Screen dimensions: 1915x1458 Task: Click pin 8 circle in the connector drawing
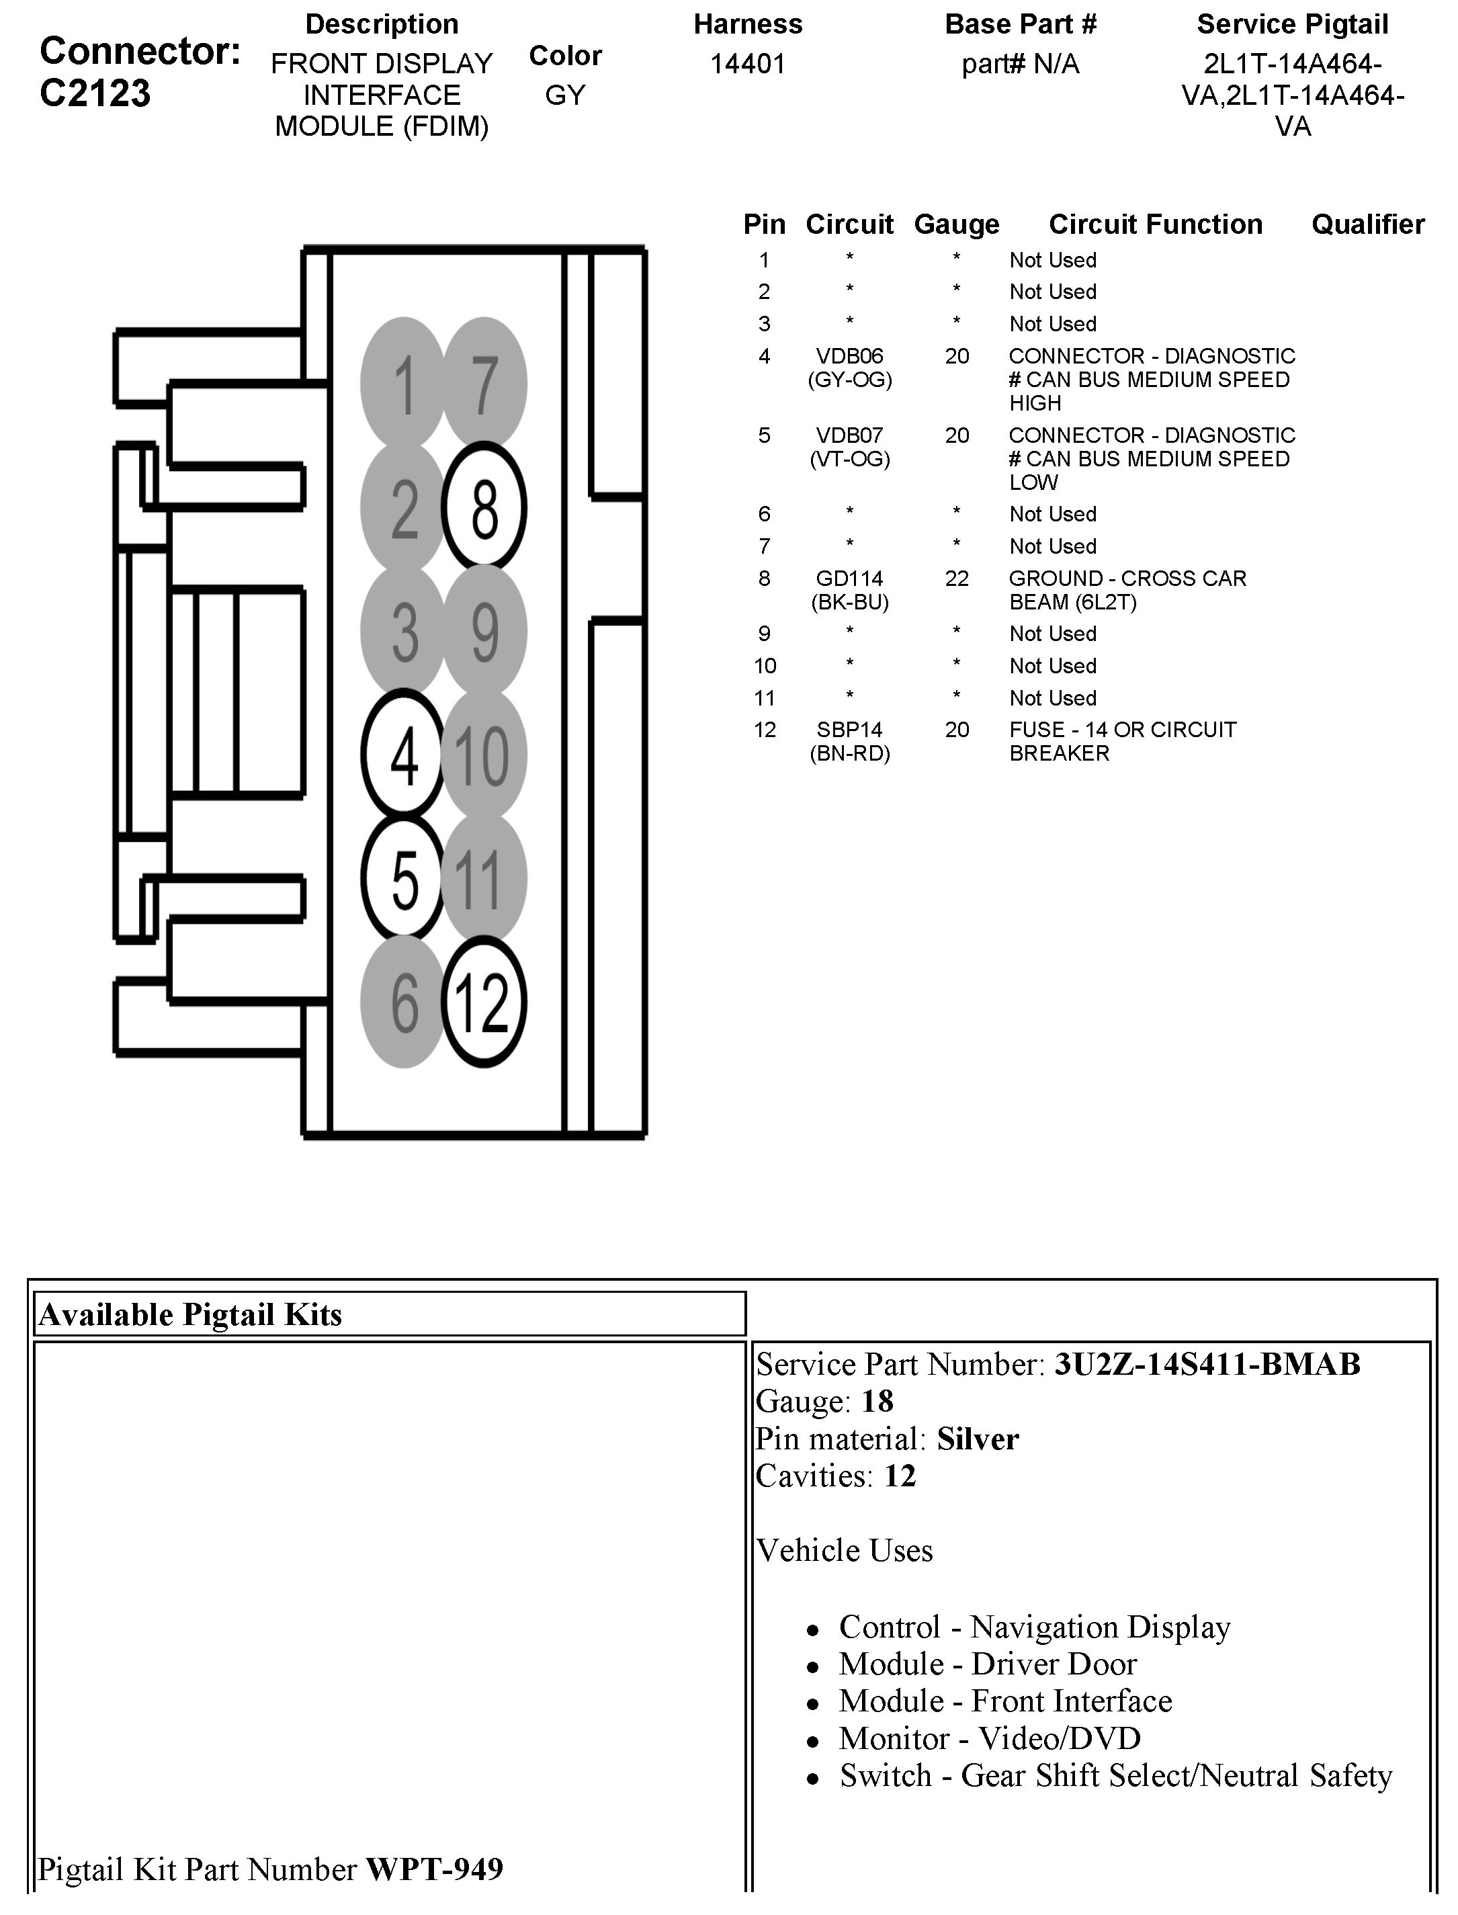click(484, 507)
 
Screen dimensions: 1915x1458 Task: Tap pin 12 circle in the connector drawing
click(484, 1003)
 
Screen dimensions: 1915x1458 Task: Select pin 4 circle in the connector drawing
click(404, 754)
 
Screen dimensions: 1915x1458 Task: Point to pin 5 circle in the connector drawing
click(404, 878)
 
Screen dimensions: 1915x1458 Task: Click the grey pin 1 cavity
click(404, 382)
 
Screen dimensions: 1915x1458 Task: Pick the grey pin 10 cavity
click(484, 754)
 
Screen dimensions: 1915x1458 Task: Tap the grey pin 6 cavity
click(404, 1003)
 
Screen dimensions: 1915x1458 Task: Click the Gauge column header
click(956, 224)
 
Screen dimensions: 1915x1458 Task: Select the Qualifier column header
click(1368, 224)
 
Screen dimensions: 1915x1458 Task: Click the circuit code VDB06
click(850, 355)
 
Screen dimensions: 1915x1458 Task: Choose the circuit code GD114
click(850, 579)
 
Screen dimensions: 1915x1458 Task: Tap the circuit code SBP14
click(850, 730)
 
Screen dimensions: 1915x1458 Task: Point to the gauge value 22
click(956, 579)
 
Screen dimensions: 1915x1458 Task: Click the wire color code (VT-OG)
click(850, 459)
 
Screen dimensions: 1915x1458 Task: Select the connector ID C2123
click(95, 93)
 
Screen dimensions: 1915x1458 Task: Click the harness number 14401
click(747, 65)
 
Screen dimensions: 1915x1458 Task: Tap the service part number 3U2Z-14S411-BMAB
click(1207, 1365)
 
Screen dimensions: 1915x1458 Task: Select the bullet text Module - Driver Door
click(988, 1664)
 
